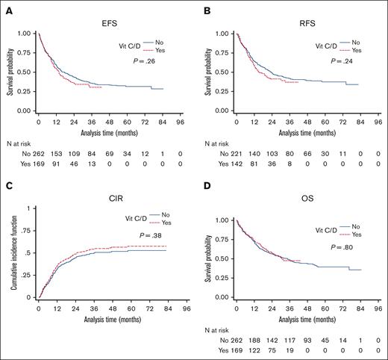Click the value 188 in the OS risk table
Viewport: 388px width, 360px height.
point(259,338)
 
